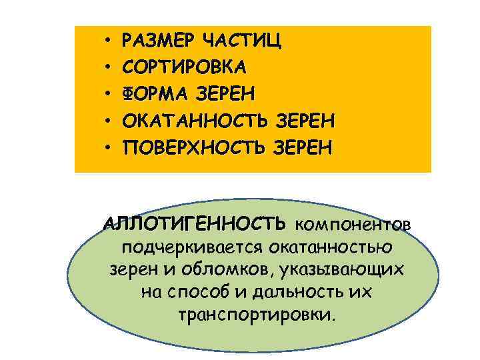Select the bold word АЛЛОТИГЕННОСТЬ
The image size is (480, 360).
coord(195,222)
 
